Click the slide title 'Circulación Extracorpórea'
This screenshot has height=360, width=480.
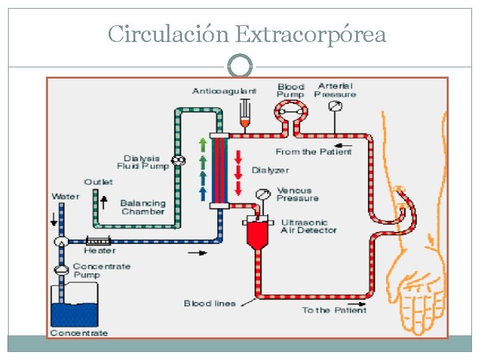coord(247,33)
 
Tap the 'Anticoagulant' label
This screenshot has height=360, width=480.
coord(224,91)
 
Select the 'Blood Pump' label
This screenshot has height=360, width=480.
coord(291,91)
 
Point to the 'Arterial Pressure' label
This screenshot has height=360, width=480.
coord(336,90)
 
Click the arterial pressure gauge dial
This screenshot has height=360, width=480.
coord(335,106)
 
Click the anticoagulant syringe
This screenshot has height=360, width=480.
coord(245,113)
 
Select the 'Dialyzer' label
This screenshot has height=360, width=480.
coord(270,171)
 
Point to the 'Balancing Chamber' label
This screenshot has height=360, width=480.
coord(143,207)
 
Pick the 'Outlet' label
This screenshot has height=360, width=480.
coord(99,182)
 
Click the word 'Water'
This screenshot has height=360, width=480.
coord(66,197)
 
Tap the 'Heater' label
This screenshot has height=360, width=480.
coord(99,251)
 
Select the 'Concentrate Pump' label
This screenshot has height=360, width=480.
coord(102,270)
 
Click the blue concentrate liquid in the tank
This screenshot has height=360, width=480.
coord(75,315)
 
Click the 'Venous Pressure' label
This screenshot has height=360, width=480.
coord(297,195)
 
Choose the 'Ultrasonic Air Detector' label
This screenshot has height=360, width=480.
coord(309,226)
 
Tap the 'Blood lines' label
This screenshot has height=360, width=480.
coord(210,304)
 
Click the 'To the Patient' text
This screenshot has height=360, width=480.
coord(334,310)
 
